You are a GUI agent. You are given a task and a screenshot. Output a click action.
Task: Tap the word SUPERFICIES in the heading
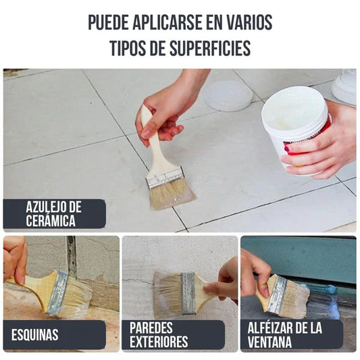210,48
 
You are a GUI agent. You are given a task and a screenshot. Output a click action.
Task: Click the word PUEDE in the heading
108,22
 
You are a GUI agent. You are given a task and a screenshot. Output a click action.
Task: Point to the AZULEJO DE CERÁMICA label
55,213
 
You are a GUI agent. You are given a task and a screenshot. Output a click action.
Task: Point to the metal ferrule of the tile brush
165,178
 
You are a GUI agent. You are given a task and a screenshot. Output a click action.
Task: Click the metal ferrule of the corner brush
57,293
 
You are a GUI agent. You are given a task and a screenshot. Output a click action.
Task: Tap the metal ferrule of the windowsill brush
277,294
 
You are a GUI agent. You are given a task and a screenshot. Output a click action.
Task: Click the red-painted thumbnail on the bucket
287,149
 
